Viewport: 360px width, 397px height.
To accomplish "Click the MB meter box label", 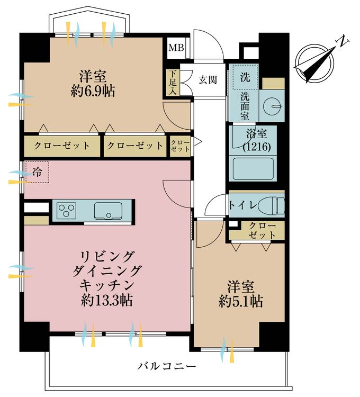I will click(x=176, y=49).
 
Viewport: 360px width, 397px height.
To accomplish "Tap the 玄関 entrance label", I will click(x=208, y=80).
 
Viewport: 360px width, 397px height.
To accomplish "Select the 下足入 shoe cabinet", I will click(x=172, y=83).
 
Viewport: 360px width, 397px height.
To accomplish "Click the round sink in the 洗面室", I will click(x=273, y=106).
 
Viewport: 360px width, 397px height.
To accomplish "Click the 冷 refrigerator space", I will click(x=37, y=172).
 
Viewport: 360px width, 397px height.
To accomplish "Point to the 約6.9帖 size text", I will click(x=93, y=91).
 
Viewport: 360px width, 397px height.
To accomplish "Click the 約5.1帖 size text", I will click(x=241, y=302).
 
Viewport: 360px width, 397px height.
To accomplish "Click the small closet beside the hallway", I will click(x=180, y=146).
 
